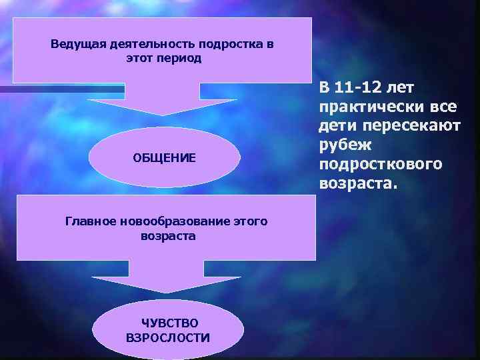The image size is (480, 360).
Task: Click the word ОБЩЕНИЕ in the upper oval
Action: tap(164, 158)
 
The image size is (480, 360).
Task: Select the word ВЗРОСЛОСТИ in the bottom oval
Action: tap(168, 337)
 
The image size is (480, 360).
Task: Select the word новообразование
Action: tap(170, 221)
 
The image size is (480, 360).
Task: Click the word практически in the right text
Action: tap(364, 107)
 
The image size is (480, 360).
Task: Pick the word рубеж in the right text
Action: tap(341, 145)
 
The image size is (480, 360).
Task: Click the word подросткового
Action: tap(380, 164)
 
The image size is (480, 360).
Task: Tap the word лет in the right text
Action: tap(401, 88)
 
